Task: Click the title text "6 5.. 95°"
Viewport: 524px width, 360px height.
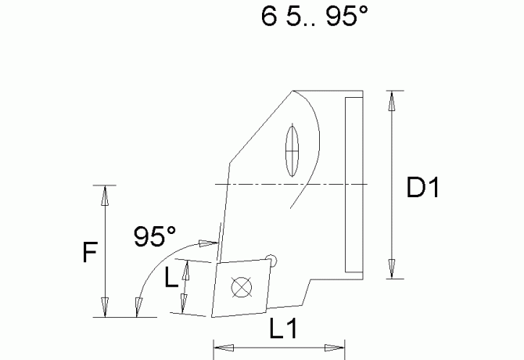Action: (314, 18)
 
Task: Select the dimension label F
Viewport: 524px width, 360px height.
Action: (90, 253)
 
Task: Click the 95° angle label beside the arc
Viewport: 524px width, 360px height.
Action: (155, 235)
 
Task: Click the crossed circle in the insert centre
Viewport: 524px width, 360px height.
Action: (242, 288)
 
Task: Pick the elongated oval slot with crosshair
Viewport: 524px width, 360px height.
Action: (293, 150)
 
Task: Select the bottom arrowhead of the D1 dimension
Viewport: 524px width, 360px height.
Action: (393, 271)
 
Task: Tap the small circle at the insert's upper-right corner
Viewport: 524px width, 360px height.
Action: (271, 257)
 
